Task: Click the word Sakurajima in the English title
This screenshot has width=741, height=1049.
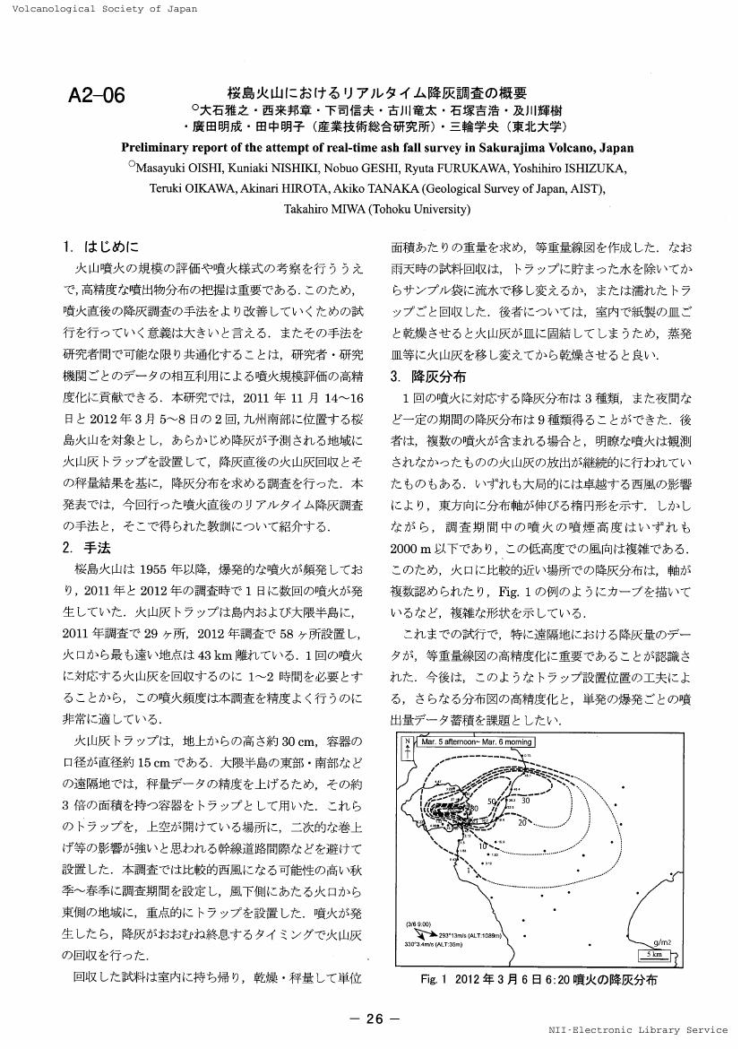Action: tap(516, 147)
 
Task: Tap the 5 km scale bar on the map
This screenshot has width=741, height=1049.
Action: tap(655, 954)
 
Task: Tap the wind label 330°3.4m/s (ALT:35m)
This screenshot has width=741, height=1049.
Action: tap(431, 943)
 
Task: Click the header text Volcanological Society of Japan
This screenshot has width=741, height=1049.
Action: tap(99, 9)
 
